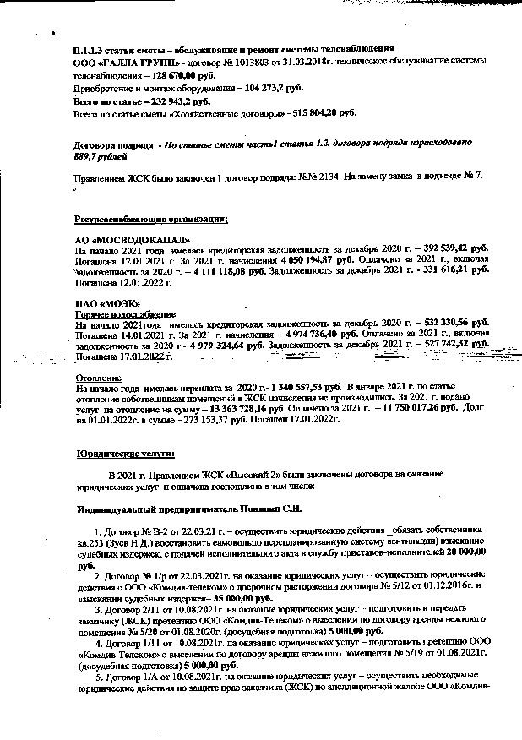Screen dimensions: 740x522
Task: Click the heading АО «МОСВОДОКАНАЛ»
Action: [126, 240]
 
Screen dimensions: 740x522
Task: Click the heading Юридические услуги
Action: [125, 454]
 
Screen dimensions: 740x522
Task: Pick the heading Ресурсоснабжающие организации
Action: [151, 219]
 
